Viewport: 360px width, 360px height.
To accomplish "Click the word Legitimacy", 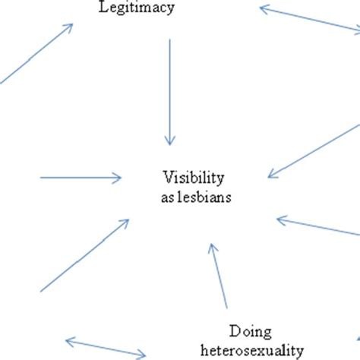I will (137, 9).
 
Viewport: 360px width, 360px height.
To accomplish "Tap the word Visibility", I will (193, 178).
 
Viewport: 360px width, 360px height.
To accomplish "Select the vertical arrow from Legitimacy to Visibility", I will (169, 91).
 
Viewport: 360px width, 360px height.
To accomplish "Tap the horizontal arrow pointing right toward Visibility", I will (80, 178).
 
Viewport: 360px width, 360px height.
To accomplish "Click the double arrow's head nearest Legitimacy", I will (264, 9).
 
